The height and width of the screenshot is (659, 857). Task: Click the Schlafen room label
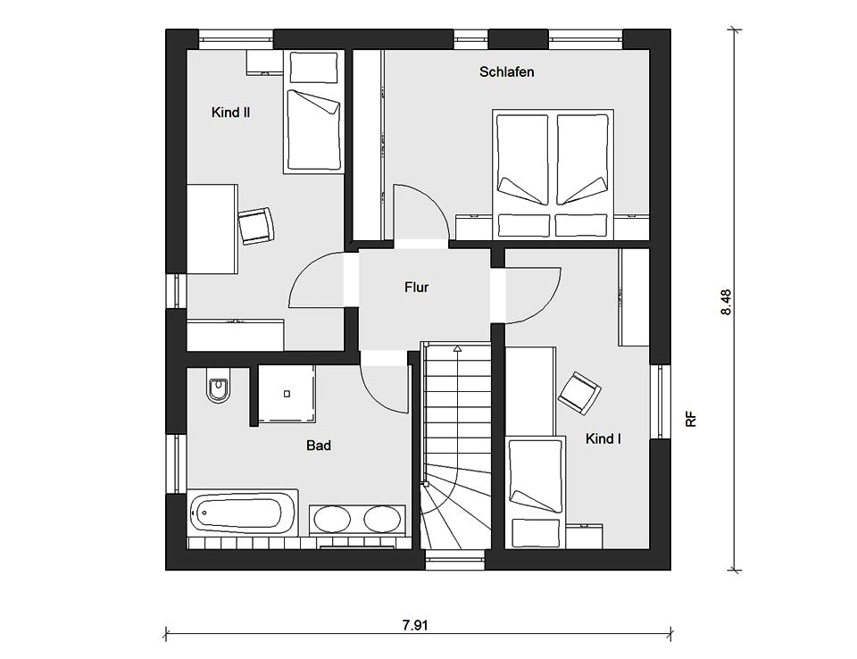[507, 71]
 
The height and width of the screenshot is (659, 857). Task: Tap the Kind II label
[230, 113]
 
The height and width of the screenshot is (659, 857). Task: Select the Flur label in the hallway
[417, 288]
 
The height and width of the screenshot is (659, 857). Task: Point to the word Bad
[319, 446]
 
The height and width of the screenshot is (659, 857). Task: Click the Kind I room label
[603, 438]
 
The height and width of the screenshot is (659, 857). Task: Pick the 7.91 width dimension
[415, 625]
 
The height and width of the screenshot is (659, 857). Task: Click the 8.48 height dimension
[726, 303]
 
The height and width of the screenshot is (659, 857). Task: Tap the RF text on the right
[691, 420]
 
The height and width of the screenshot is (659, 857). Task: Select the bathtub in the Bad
[243, 513]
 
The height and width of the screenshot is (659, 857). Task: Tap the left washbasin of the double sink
[332, 519]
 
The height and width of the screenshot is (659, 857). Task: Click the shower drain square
[287, 394]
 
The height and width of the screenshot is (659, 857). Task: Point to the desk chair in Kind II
[255, 226]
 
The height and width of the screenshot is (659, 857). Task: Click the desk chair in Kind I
[579, 393]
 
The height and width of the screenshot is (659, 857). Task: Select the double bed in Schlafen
[553, 174]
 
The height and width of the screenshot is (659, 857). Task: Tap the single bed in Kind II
[313, 113]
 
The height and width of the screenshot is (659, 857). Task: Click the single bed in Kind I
[535, 492]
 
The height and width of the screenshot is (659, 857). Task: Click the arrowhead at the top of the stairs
[457, 348]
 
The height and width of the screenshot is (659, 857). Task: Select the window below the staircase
[455, 560]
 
